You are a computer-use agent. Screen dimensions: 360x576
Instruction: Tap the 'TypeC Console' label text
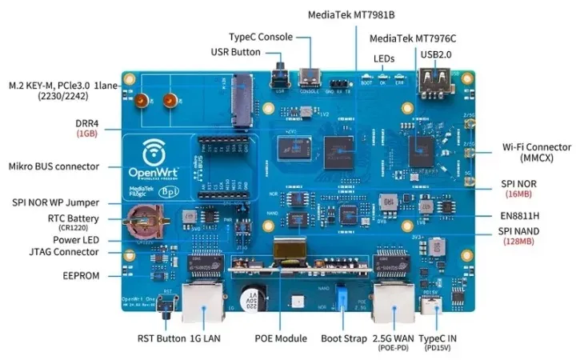click(x=261, y=37)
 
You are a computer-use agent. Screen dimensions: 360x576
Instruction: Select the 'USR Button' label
click(x=235, y=52)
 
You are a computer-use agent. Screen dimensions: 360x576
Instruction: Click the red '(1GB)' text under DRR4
click(x=87, y=134)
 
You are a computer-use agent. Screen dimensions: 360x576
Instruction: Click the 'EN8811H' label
click(x=521, y=215)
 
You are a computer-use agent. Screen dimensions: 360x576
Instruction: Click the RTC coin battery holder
click(x=146, y=220)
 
